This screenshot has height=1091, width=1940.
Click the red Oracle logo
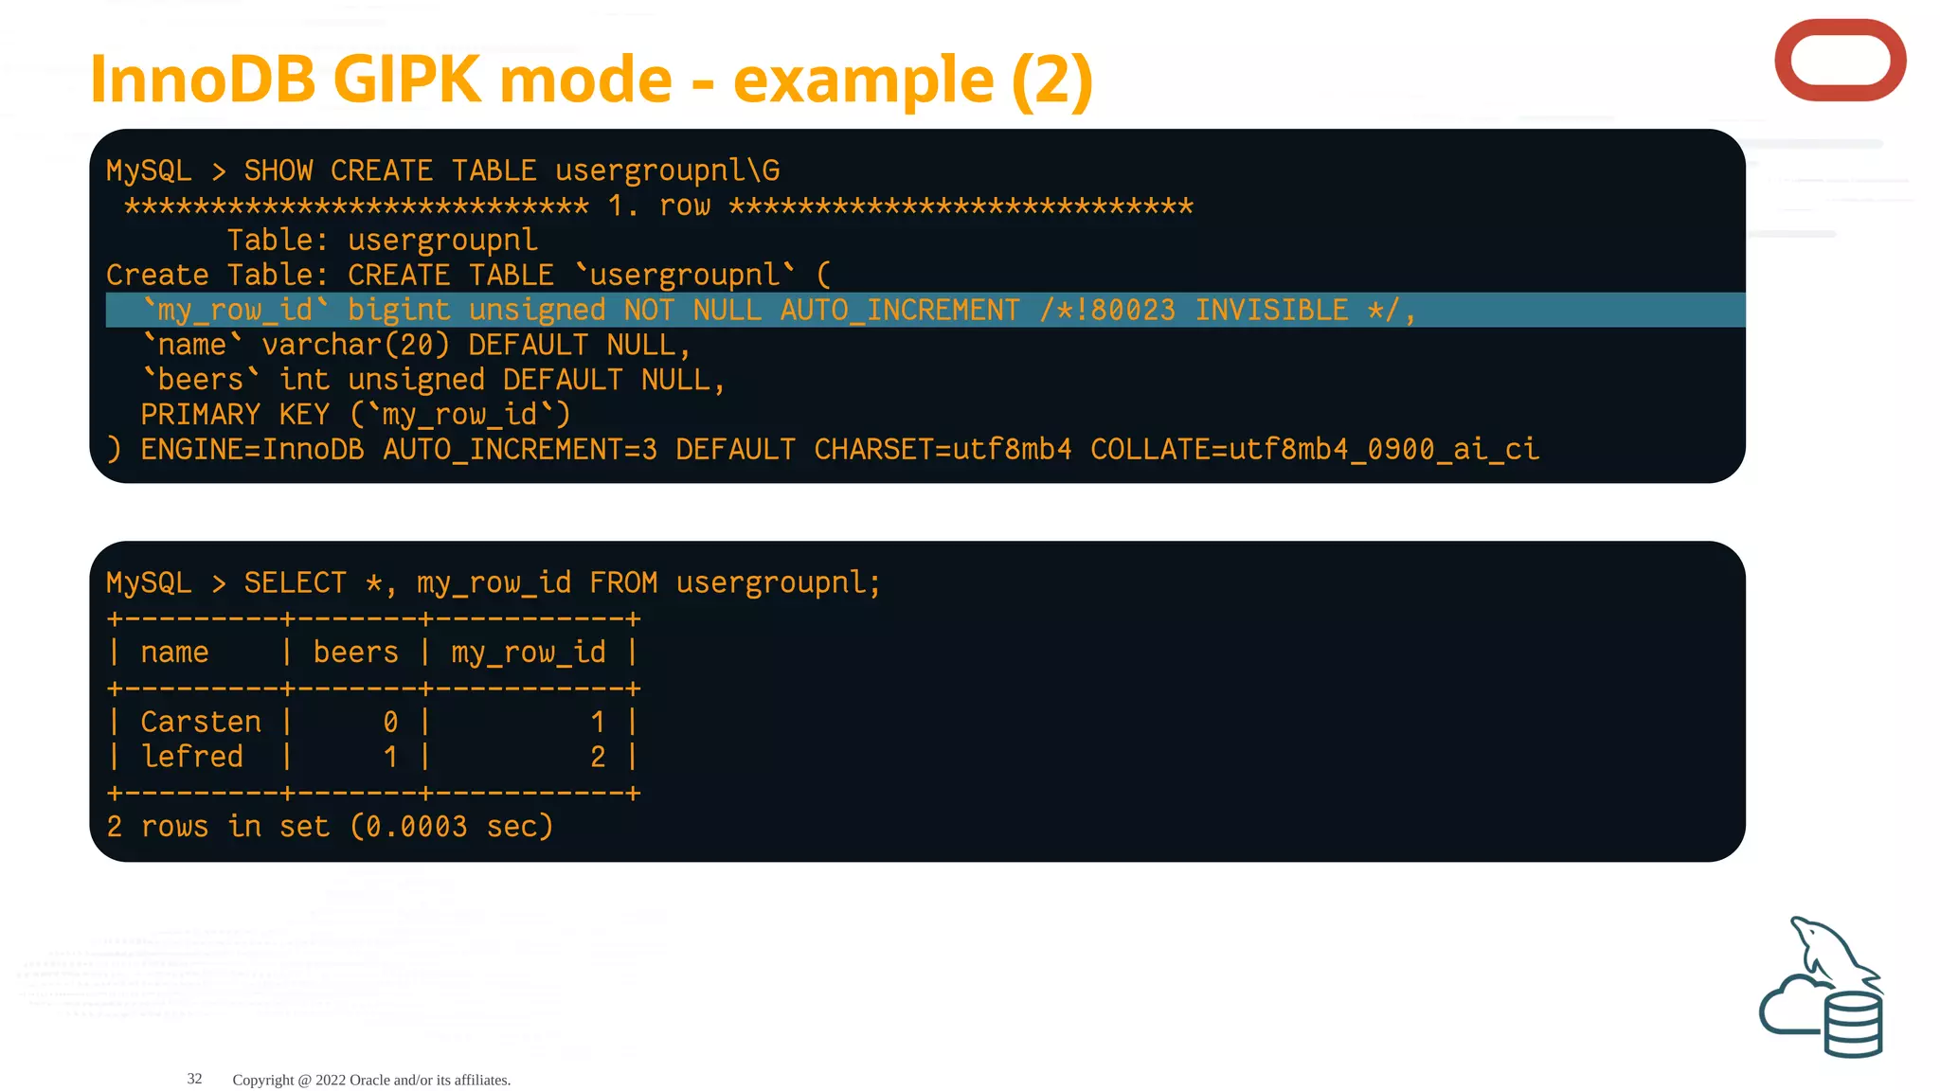1840,61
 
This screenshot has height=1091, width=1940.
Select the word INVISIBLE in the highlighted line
1271,311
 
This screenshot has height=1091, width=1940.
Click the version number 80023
1133,311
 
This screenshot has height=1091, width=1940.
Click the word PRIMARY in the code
200,415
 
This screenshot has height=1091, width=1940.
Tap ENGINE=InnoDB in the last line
252,450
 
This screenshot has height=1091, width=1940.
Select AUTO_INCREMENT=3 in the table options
520,450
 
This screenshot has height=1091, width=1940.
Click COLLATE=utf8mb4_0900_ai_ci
1315,450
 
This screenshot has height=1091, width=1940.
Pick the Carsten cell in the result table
201,723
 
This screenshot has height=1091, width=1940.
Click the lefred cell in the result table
192,758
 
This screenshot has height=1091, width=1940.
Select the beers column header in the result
355,653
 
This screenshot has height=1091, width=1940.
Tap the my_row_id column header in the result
528,653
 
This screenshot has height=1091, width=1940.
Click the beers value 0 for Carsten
390,723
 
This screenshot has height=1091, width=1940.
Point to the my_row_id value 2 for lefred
598,758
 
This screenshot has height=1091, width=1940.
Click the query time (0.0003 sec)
452,828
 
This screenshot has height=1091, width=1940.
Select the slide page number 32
194,1079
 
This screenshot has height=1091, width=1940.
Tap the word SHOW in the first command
278,171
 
